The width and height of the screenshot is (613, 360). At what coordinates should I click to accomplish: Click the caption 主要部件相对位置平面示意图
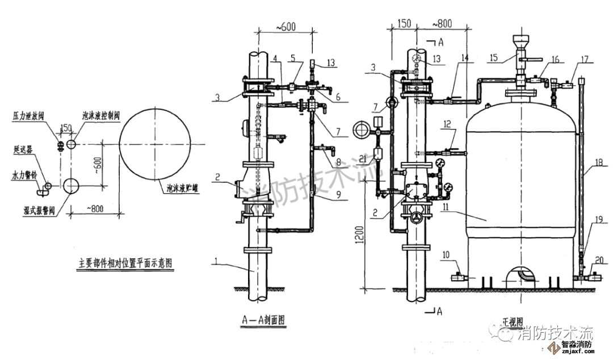click(x=125, y=263)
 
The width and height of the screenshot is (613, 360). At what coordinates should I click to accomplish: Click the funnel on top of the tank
click(x=520, y=43)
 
